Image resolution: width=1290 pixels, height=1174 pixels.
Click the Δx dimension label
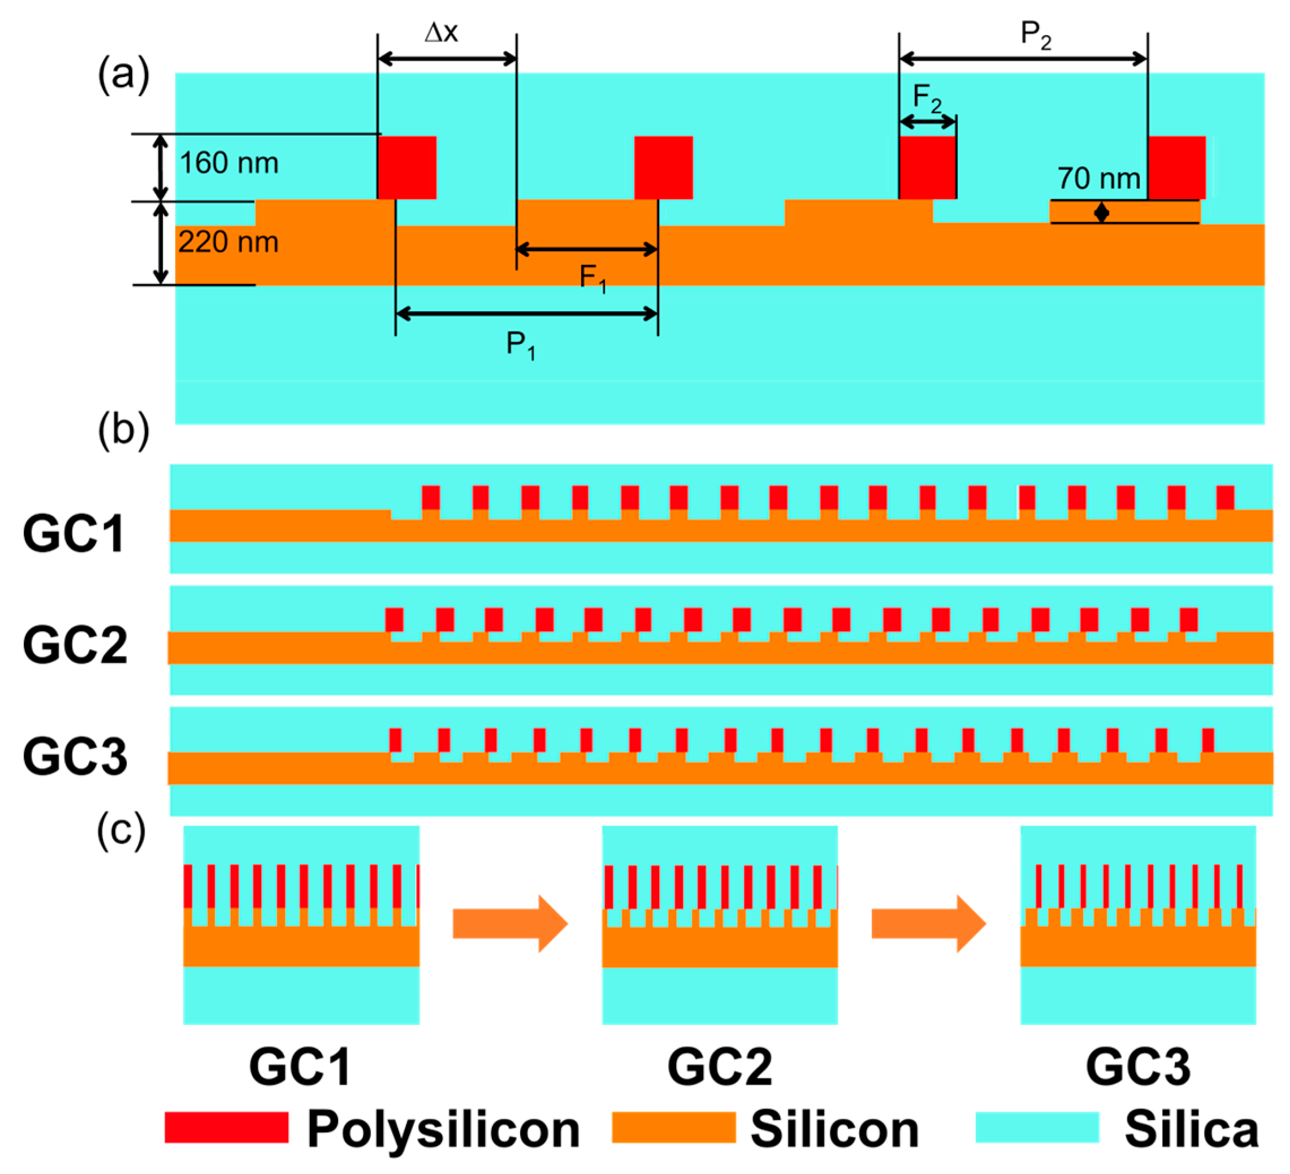(x=441, y=32)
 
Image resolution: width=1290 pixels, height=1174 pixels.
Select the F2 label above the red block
(x=927, y=98)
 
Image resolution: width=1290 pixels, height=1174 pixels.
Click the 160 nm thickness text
(x=228, y=163)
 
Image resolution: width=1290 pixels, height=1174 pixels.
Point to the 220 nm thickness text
(x=228, y=243)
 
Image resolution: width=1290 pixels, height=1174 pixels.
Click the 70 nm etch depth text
(x=1098, y=179)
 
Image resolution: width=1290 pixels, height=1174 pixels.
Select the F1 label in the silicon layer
(x=592, y=278)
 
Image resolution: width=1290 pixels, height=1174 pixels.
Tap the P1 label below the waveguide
(x=520, y=346)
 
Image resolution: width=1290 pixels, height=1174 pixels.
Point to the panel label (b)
(x=123, y=430)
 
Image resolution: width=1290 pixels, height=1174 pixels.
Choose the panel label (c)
(x=122, y=830)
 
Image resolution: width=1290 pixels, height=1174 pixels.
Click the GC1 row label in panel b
(x=73, y=534)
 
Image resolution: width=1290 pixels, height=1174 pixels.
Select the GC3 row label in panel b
(x=75, y=757)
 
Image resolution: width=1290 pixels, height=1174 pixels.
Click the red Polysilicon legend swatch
(x=227, y=1127)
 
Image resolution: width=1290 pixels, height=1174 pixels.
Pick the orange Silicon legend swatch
(x=673, y=1127)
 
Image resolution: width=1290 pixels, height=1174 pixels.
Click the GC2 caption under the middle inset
(x=719, y=1067)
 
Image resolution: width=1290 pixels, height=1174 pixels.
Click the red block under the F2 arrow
(x=927, y=167)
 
